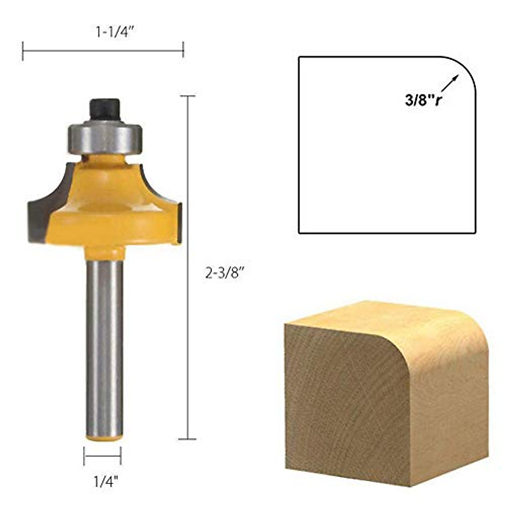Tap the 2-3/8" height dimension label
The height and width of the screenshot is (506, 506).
coord(225,274)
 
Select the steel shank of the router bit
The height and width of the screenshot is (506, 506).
coord(104,346)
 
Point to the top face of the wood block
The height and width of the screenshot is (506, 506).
coord(379,316)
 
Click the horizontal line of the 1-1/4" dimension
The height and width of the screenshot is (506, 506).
coord(103,50)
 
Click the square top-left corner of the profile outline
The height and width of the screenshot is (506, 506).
coord(299,57)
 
